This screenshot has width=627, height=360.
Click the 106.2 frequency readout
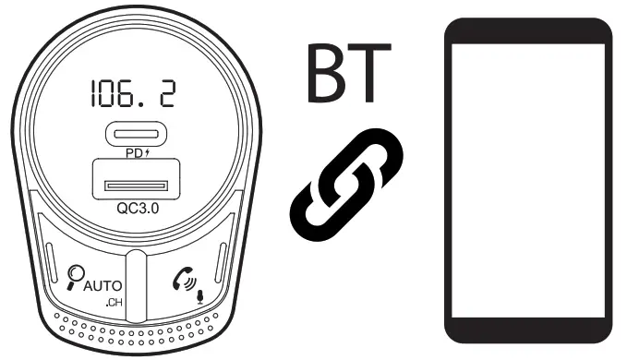click(x=134, y=91)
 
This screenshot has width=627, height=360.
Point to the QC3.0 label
click(x=138, y=209)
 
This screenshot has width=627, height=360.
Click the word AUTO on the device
click(x=103, y=285)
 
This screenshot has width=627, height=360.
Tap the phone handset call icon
click(x=184, y=278)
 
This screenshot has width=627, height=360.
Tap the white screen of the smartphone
click(x=527, y=180)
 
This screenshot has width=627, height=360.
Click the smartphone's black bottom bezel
click(x=527, y=330)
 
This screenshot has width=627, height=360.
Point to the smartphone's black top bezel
click(x=527, y=30)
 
